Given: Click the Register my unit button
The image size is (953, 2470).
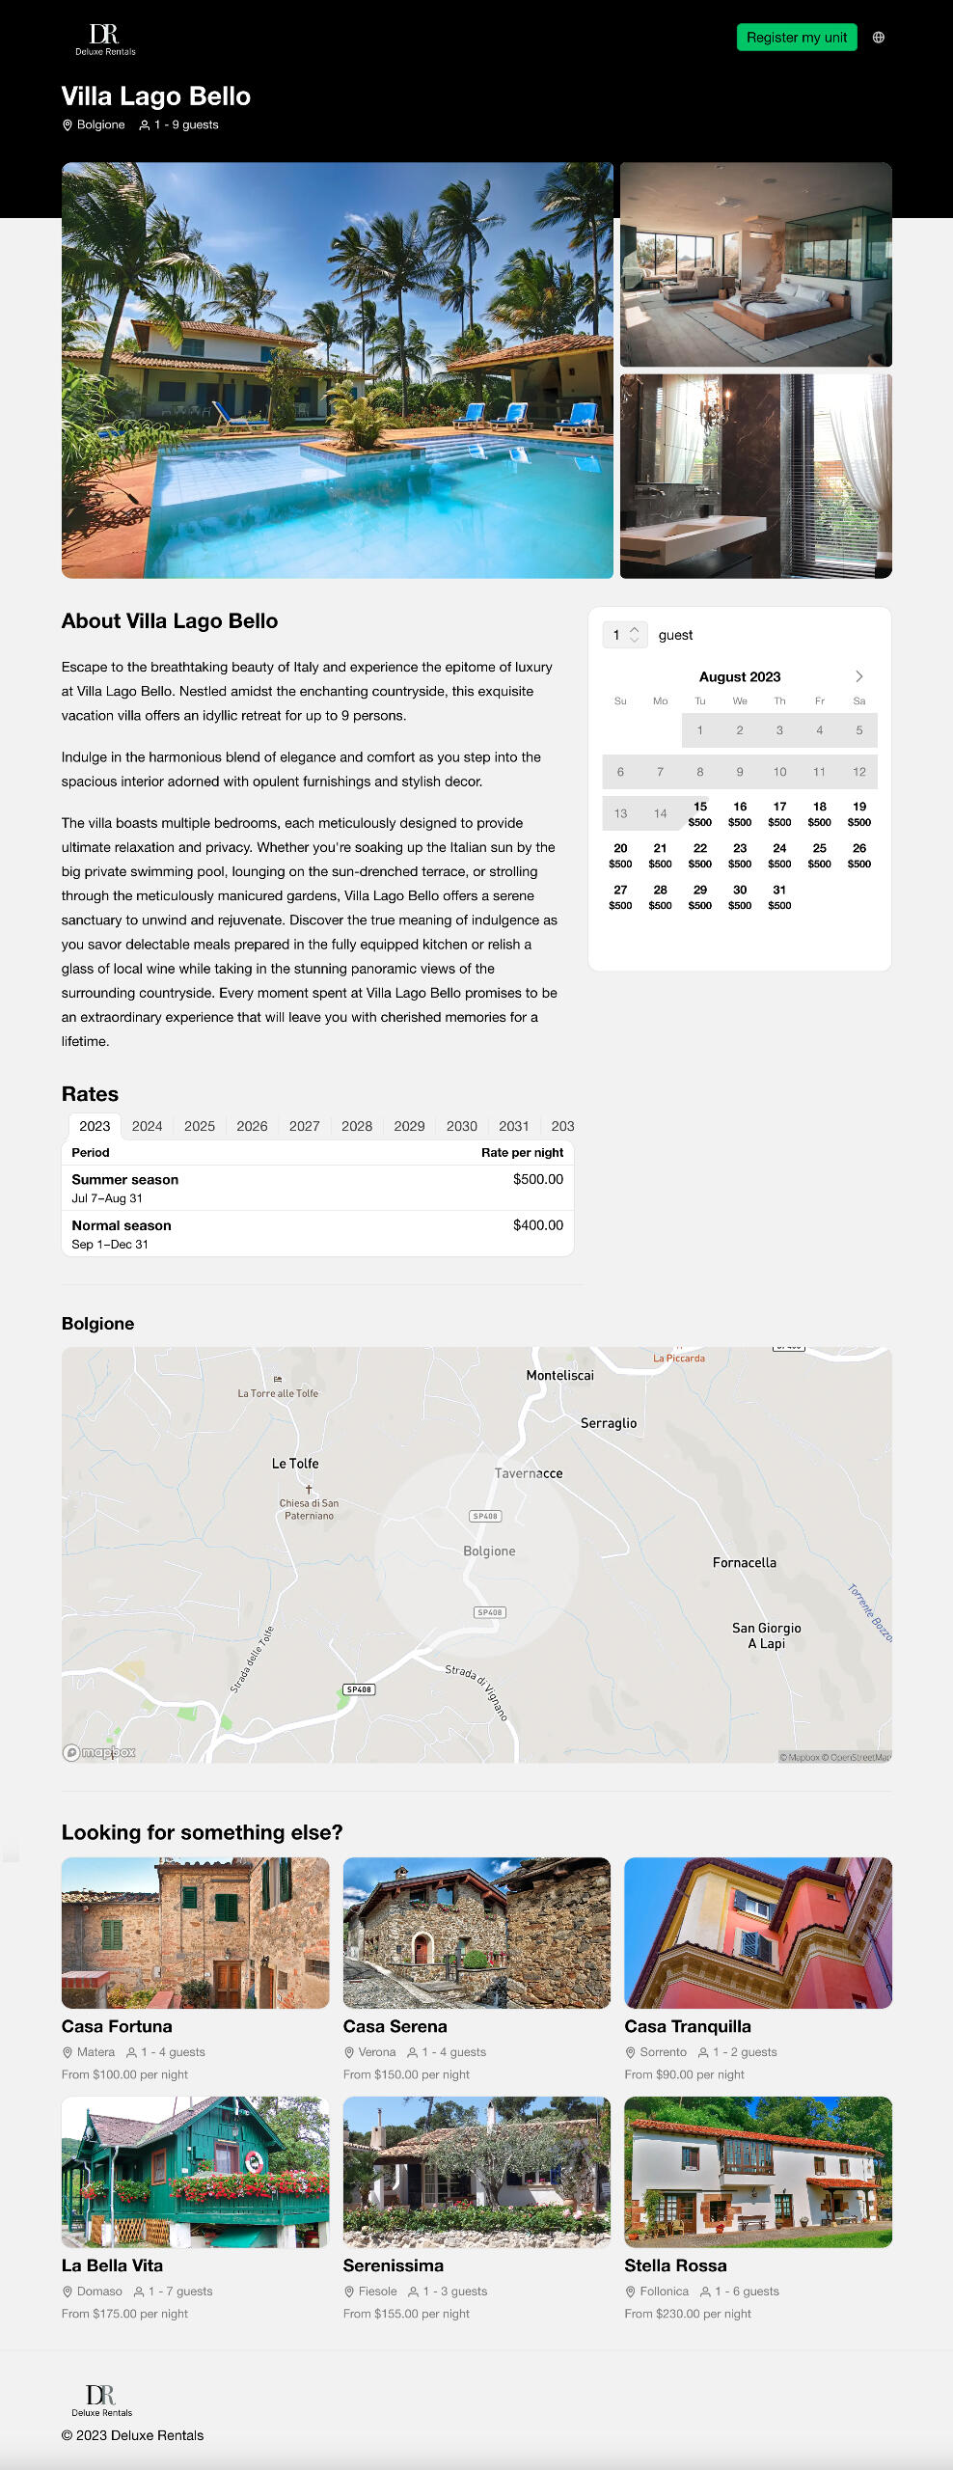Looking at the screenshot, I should [796, 38].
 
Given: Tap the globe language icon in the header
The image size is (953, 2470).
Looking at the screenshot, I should [878, 38].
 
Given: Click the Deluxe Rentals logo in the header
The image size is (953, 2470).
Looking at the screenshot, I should [105, 40].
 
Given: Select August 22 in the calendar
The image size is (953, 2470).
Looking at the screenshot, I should [699, 855].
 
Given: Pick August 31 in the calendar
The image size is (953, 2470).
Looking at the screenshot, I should [779, 896].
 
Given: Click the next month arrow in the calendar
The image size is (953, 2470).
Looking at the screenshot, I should [858, 676].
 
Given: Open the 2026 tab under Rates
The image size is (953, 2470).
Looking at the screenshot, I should [252, 1126].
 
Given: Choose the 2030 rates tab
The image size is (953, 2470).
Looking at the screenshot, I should [461, 1126].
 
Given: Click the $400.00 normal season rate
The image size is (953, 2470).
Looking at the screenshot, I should [537, 1225].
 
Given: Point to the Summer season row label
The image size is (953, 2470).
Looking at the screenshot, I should [124, 1179].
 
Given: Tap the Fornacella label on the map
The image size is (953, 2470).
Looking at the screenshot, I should [744, 1562].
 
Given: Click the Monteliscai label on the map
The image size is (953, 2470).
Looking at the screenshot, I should [559, 1375].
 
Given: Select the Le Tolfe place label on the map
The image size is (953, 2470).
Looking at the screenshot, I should [295, 1464].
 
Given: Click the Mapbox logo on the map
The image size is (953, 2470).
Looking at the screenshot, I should [99, 1752].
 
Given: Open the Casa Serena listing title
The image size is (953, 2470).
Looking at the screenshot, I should [395, 2026].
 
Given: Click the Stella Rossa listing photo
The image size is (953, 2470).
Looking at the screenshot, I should [757, 2171].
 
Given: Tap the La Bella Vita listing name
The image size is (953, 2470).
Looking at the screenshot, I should [112, 2265].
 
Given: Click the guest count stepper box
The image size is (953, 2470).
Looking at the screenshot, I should [624, 635].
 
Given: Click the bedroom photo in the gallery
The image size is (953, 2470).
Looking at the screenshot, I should [755, 263].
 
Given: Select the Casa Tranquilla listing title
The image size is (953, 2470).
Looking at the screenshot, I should [687, 2026].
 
